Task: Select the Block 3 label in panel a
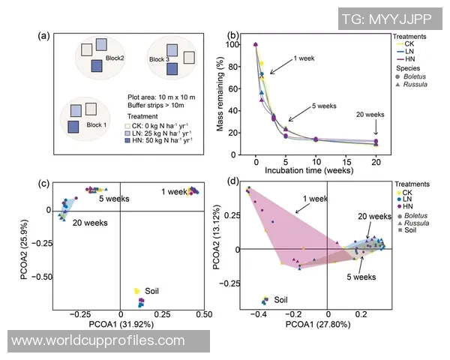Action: tap(159, 59)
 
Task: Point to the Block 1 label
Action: tap(97, 124)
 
